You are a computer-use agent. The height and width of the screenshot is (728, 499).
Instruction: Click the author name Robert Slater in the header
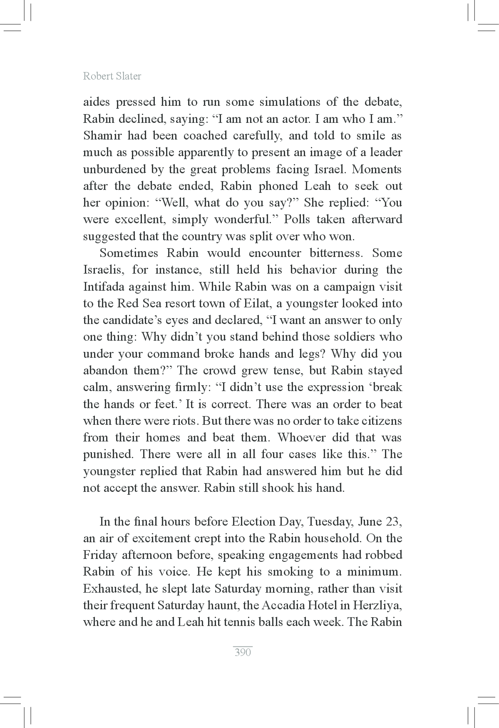pos(112,76)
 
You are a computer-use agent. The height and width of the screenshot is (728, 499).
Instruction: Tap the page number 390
pos(243,652)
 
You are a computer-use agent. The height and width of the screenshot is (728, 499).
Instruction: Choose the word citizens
pos(381,421)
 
